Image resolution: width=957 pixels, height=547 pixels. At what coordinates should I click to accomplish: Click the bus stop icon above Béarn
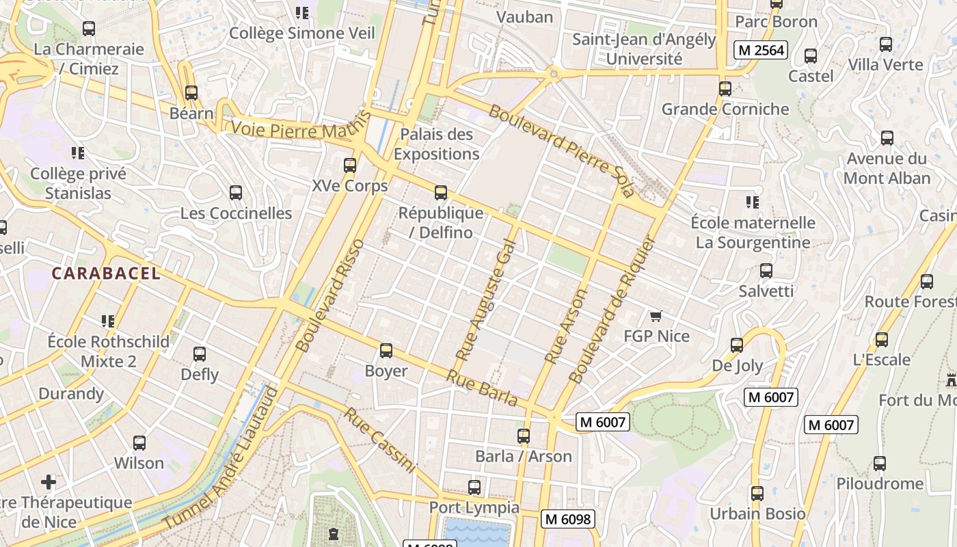(x=191, y=92)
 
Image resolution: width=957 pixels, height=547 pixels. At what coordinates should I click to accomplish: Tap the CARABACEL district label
(x=106, y=273)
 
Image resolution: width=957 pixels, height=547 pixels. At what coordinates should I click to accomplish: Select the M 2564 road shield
(x=761, y=50)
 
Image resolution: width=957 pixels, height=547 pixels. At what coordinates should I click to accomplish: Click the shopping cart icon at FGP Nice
(x=656, y=316)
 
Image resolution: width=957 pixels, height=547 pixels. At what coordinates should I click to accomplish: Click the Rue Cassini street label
(x=380, y=440)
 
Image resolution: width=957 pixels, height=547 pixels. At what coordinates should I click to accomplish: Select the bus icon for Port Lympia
(x=474, y=488)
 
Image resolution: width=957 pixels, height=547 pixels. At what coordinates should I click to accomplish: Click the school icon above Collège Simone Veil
(x=302, y=12)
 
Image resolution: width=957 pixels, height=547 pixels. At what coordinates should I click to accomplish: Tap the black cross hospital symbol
(x=49, y=481)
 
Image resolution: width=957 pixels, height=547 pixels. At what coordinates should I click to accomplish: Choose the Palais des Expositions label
(x=436, y=144)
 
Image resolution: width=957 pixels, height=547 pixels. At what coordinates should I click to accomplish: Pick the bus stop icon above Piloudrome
(x=880, y=464)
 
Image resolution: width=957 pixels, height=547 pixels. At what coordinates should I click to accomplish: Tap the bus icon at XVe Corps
(x=350, y=165)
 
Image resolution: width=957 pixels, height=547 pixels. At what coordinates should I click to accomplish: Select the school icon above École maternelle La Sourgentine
(x=753, y=202)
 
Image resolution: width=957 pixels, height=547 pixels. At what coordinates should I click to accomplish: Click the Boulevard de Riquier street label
(x=612, y=310)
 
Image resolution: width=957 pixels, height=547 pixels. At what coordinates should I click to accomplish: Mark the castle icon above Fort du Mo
(x=951, y=379)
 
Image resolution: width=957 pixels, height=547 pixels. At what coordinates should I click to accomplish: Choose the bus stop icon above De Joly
(x=737, y=345)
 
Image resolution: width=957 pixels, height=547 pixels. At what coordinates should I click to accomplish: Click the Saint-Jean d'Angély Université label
(x=644, y=49)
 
